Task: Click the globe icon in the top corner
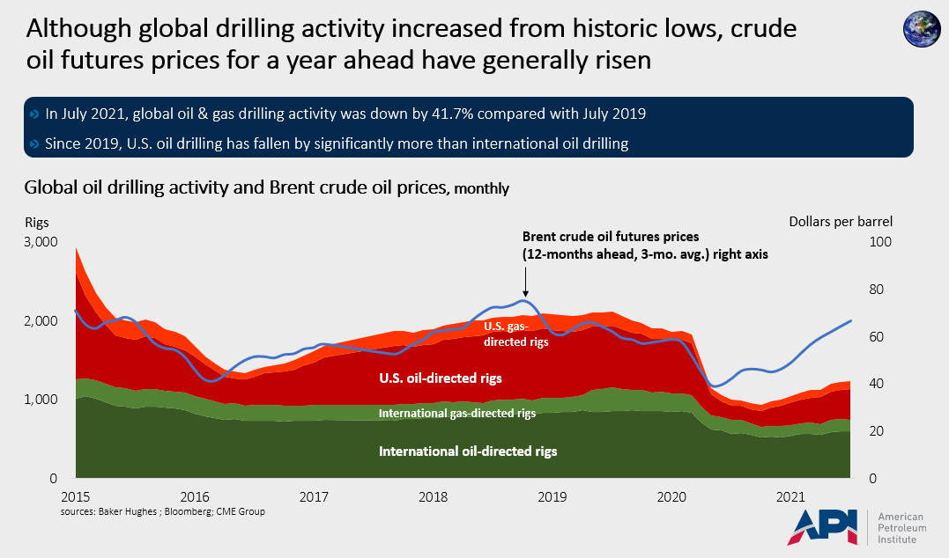(x=922, y=29)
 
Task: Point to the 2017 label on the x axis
(x=314, y=496)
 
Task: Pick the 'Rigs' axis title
(x=38, y=222)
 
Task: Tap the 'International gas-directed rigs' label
(x=456, y=413)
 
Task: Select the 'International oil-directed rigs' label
(x=468, y=451)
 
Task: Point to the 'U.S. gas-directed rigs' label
(x=516, y=334)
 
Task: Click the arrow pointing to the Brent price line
(x=525, y=282)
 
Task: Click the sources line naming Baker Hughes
(x=163, y=511)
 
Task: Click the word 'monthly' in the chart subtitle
(x=481, y=188)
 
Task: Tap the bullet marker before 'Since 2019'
(x=35, y=143)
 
